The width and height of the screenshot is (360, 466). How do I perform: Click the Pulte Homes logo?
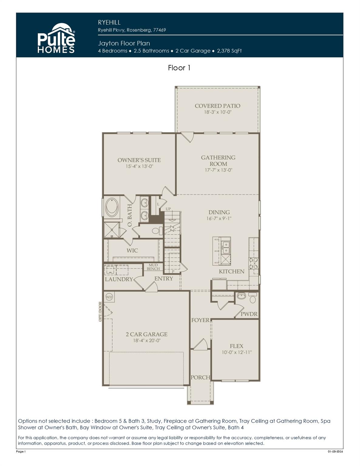click(x=56, y=39)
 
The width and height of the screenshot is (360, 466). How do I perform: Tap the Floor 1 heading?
click(x=179, y=68)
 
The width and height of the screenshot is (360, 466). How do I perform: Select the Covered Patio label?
click(x=217, y=106)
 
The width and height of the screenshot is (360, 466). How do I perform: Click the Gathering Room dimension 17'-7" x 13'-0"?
click(x=218, y=170)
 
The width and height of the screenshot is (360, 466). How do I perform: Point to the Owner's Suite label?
click(x=139, y=160)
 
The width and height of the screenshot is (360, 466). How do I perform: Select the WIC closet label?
click(x=132, y=251)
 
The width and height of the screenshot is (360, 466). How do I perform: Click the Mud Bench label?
click(x=153, y=267)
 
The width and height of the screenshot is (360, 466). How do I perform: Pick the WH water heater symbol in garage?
click(x=109, y=297)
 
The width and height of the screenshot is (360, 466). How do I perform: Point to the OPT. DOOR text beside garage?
click(x=100, y=312)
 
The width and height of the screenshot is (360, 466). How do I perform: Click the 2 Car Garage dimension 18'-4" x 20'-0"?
click(x=147, y=341)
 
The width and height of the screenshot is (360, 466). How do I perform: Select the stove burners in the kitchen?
click(x=254, y=263)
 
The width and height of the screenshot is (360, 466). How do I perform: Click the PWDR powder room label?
click(x=249, y=314)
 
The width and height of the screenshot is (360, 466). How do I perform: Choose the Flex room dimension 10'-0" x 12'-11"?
click(x=236, y=353)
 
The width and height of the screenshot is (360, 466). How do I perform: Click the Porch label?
click(x=200, y=377)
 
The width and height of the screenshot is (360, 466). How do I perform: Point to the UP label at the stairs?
click(x=168, y=209)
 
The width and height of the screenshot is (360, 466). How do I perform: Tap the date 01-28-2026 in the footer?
click(x=335, y=452)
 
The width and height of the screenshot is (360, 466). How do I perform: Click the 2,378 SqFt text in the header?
click(x=229, y=51)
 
